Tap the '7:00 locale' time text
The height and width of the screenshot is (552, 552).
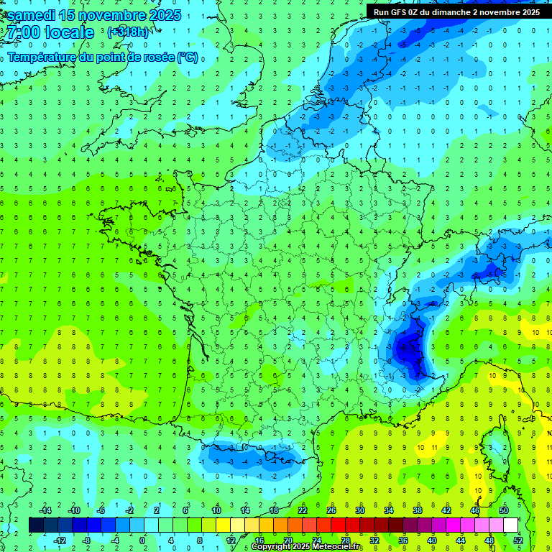coord(50,32)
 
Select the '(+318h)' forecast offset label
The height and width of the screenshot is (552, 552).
coord(129,32)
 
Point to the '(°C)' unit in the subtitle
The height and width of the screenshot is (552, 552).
coord(187,57)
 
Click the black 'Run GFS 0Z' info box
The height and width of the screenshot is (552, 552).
coord(457,11)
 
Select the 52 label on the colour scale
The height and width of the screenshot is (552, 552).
coord(518,540)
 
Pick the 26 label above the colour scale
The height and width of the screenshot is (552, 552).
coord(331,510)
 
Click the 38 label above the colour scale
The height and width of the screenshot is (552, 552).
coord(418,510)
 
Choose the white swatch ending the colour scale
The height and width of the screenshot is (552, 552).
coord(510,525)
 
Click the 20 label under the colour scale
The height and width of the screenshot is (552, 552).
coord(287,540)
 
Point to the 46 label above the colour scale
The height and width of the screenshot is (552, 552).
coord(475,510)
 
